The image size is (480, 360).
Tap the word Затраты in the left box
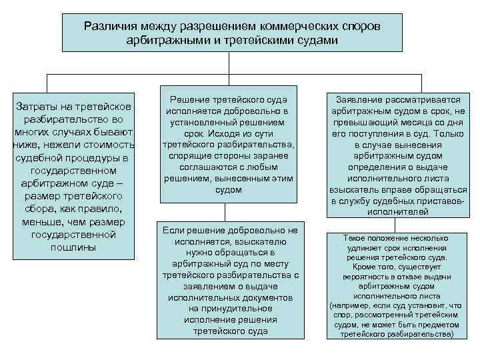pos(45,107)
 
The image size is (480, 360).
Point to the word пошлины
pos(73,247)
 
